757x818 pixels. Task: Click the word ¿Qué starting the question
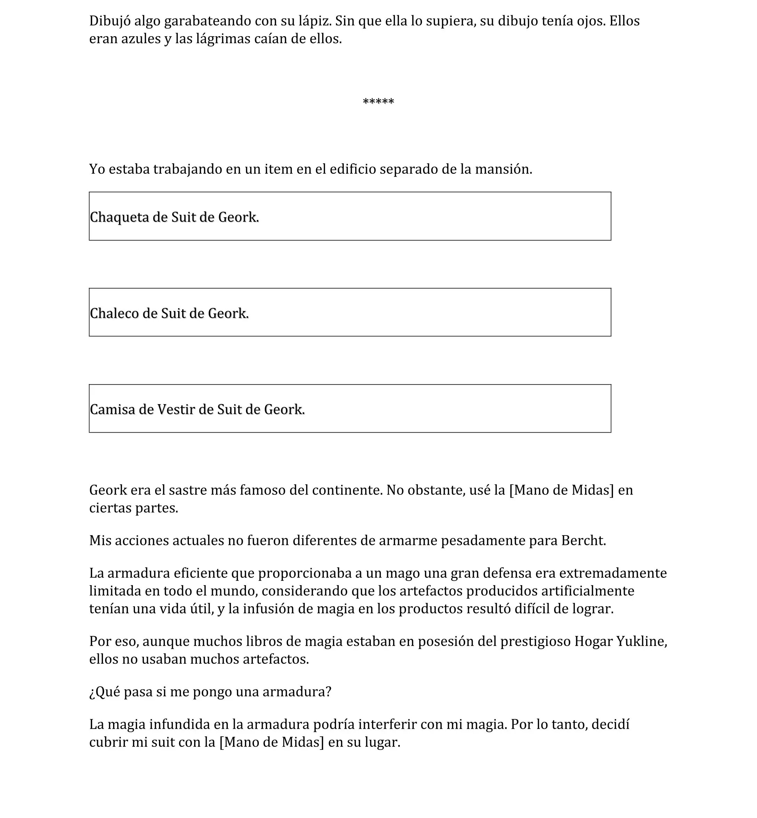pos(104,692)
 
